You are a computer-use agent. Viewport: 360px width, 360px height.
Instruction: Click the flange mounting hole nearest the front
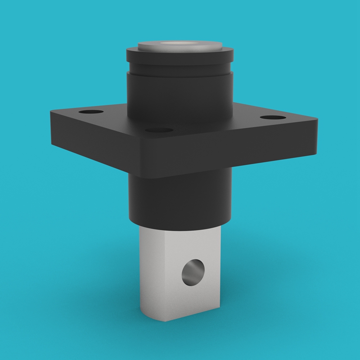160,131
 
